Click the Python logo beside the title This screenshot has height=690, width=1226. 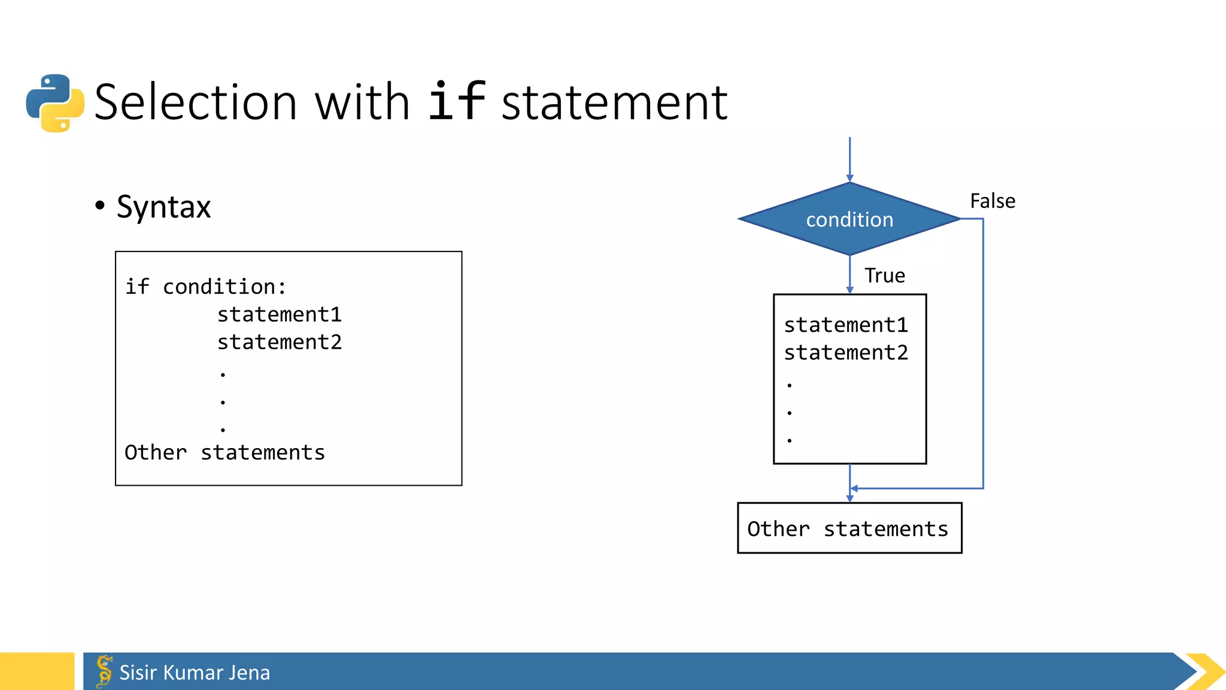tap(55, 103)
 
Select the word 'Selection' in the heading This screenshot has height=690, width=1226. tap(196, 102)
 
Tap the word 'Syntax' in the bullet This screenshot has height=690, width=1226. tap(163, 207)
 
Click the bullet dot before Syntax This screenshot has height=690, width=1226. tap(100, 205)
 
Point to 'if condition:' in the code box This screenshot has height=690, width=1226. tap(205, 287)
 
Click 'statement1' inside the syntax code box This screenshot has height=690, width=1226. tap(279, 314)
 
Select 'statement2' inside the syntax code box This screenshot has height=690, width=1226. tap(279, 342)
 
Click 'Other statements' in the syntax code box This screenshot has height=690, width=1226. tap(224, 453)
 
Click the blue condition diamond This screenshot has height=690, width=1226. tap(849, 219)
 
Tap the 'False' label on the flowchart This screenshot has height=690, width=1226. tap(993, 201)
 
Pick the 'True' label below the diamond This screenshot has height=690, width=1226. tap(884, 276)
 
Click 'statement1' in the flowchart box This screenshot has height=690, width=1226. tap(846, 325)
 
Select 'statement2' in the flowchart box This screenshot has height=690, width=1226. tap(846, 353)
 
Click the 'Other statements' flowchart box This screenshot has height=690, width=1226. tap(849, 528)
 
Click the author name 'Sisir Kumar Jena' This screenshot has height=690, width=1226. tap(195, 673)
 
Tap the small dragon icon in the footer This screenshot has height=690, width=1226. tap(104, 671)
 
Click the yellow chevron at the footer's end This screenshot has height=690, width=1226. tap(1206, 671)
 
